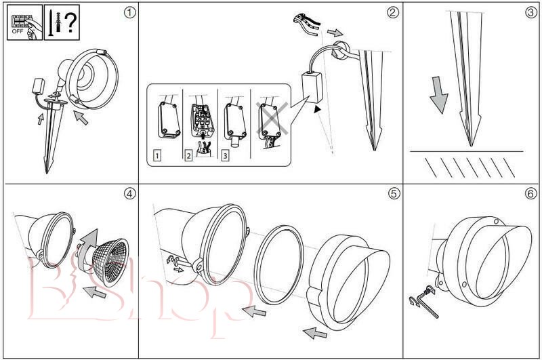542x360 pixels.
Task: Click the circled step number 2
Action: tap(393, 13)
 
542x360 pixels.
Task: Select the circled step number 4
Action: tap(128, 193)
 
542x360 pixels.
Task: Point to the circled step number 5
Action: tap(393, 193)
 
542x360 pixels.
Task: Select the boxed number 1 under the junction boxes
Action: tap(158, 156)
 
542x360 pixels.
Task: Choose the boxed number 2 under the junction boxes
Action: tap(189, 156)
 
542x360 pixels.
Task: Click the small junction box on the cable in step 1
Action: tap(38, 86)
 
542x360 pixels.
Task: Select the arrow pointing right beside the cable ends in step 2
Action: tap(334, 33)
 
